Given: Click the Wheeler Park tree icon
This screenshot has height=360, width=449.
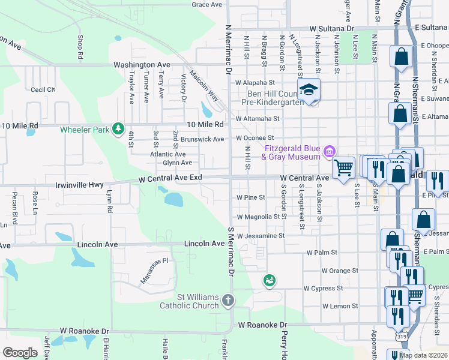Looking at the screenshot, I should (119, 129).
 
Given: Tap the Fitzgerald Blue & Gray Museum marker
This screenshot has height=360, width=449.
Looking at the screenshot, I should (329, 152).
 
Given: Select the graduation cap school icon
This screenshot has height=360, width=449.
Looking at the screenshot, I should (309, 90).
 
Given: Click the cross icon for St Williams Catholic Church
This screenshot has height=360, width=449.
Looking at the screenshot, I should (228, 300).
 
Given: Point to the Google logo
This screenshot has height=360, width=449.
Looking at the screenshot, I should (20, 353).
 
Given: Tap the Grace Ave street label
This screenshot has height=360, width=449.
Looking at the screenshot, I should (207, 5).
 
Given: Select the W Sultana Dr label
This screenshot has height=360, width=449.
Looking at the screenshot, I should (333, 28).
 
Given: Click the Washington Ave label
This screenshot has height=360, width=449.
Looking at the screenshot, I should (142, 65).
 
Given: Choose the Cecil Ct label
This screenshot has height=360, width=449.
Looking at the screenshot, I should (43, 89).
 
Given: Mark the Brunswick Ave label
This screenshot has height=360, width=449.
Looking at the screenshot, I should (202, 139).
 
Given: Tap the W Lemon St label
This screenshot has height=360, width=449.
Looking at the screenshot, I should (340, 306).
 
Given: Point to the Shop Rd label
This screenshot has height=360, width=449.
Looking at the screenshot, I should (80, 46).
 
